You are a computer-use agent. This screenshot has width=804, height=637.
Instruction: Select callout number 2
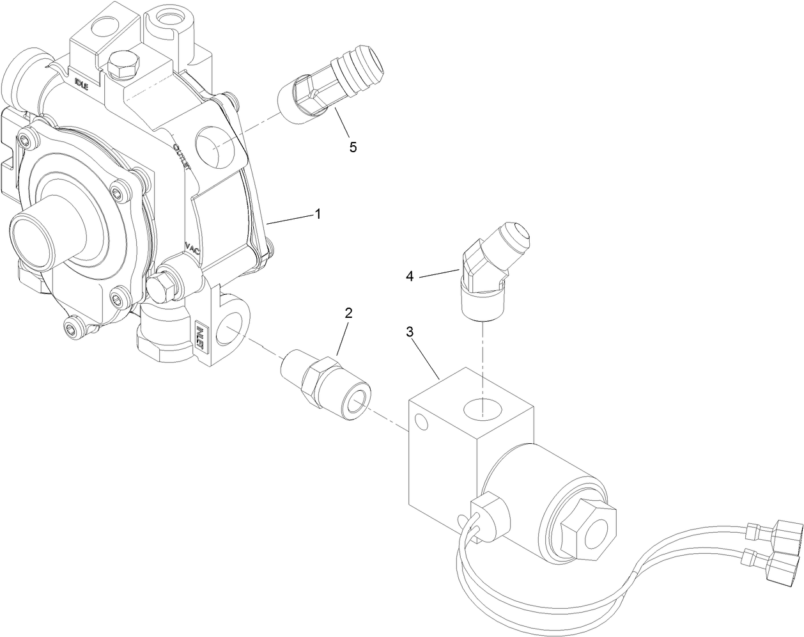pyautogui.click(x=348, y=313)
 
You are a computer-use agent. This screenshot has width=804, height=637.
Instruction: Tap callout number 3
pyautogui.click(x=410, y=332)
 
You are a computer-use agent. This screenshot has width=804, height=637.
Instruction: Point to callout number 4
pyautogui.click(x=410, y=276)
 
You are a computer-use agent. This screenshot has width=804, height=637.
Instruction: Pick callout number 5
pyautogui.click(x=353, y=146)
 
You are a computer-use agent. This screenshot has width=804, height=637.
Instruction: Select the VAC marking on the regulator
pyautogui.click(x=192, y=248)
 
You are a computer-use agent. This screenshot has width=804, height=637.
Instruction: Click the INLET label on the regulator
pyautogui.click(x=200, y=333)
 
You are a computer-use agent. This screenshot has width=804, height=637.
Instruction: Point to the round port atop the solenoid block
pyautogui.click(x=484, y=407)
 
